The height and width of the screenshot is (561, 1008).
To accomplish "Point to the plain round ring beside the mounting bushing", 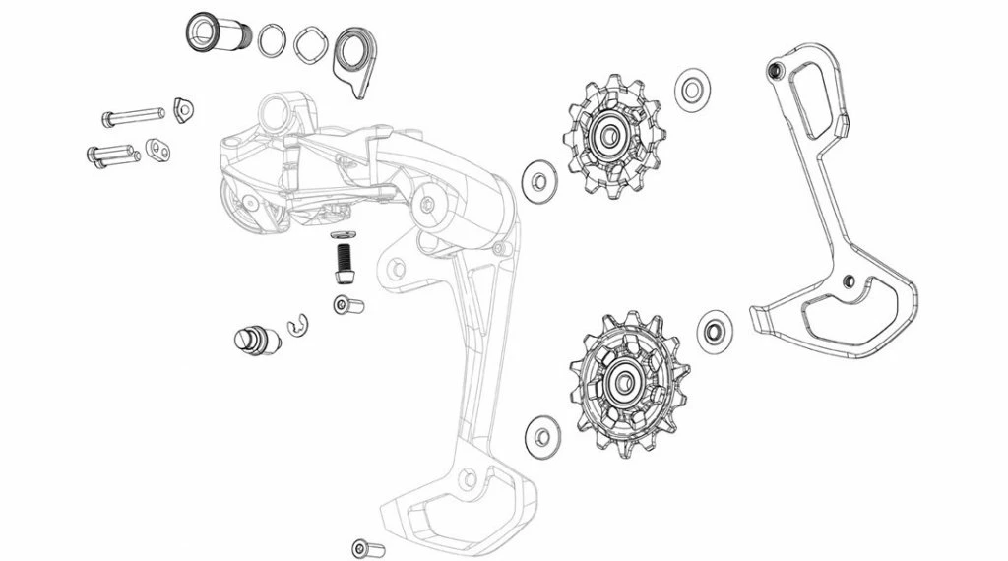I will coord(271,41).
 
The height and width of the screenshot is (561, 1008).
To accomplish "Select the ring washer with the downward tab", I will coord(354,54).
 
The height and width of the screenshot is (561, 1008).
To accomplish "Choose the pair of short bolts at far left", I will coord(110,155).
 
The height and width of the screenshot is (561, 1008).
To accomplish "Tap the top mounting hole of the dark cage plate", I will coord(776,70).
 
